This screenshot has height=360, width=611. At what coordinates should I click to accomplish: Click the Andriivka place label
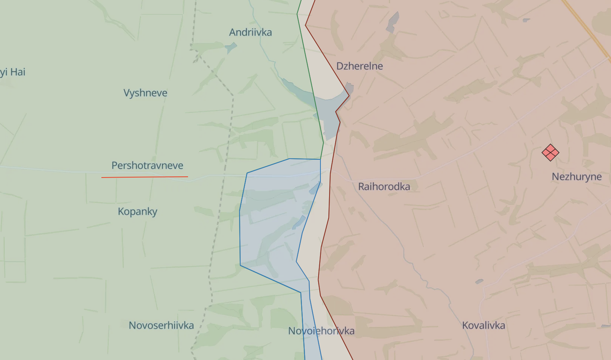(x=250, y=33)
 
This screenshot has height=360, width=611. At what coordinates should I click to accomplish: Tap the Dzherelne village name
(x=359, y=66)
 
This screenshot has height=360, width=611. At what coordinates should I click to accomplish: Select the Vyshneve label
(x=145, y=93)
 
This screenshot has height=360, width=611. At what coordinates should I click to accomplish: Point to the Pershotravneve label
(x=147, y=165)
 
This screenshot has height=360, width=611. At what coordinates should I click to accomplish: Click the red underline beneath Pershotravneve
(x=145, y=177)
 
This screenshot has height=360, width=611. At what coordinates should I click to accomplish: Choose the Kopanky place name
(x=137, y=212)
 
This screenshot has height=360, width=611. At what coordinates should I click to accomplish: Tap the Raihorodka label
(x=384, y=187)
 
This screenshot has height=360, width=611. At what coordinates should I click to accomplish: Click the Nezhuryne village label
(x=577, y=177)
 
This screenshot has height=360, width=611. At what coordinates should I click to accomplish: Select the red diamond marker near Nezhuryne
(x=550, y=153)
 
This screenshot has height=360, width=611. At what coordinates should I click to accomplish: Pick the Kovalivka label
(x=484, y=326)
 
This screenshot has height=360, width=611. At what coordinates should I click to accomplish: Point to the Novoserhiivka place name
(x=161, y=326)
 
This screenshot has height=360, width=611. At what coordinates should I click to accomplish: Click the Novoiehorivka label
(x=321, y=331)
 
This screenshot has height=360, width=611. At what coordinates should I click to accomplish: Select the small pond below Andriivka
(x=231, y=48)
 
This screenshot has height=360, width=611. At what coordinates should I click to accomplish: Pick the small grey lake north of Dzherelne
(x=393, y=22)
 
